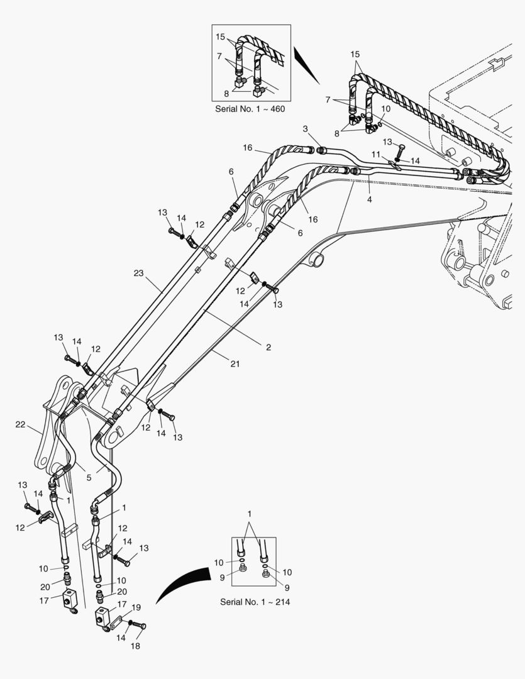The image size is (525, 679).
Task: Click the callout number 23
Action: point(138,273)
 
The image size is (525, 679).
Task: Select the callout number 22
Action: point(19,425)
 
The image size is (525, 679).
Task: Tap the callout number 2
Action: point(268,347)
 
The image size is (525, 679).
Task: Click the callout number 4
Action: point(369,199)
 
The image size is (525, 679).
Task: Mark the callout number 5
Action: point(89,477)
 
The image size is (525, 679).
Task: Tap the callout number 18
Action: point(135,646)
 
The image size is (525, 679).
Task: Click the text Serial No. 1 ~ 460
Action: point(250,109)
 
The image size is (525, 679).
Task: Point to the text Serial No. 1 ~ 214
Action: point(255,602)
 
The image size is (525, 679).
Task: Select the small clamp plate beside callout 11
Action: point(394,165)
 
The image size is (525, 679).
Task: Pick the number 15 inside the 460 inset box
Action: point(220,37)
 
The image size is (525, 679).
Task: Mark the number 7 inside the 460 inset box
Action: point(220,56)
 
